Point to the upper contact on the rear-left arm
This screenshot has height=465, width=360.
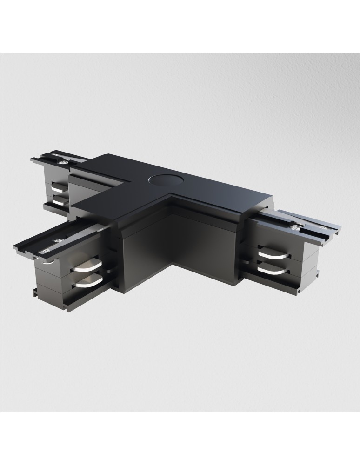pos(60,188)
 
